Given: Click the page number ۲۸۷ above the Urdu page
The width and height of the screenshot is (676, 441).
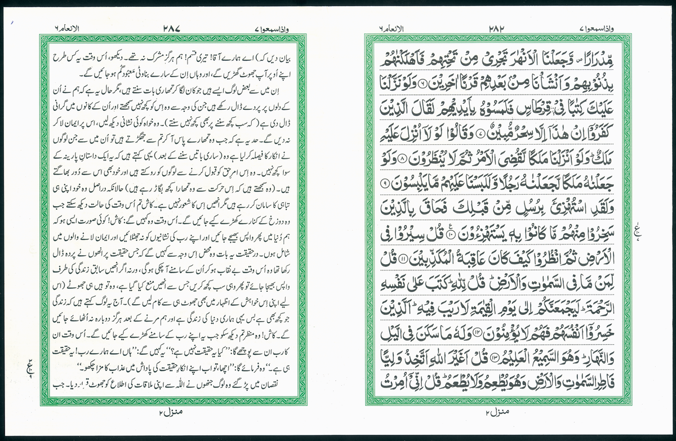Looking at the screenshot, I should click(172, 27).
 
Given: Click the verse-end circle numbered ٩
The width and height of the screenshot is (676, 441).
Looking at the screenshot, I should click(385, 182).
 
